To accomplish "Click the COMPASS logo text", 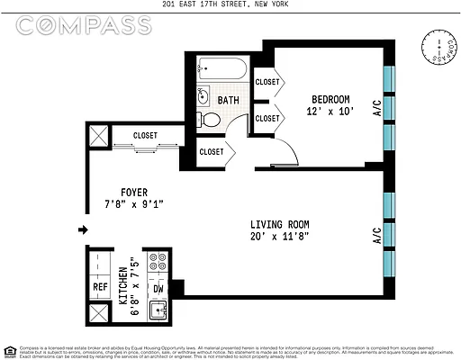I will (x=83, y=25).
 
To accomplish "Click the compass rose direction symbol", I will (x=438, y=50).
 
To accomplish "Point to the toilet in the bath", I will (x=209, y=120).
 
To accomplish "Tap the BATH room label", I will (x=229, y=101).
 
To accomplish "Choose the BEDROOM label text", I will (x=330, y=99).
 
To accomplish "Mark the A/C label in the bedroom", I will (x=378, y=104).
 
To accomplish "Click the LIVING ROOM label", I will (x=279, y=225).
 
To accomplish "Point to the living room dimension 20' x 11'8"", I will (x=279, y=238).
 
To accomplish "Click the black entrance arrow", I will (x=83, y=230).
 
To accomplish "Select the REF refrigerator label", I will (x=100, y=289).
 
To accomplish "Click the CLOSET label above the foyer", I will (x=145, y=136).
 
